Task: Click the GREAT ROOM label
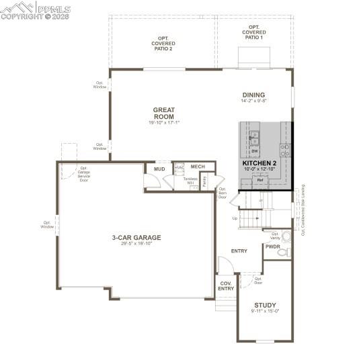pos(163,113)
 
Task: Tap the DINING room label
pos(253,95)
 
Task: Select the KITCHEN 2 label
pos(259,163)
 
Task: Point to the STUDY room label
pos(265,305)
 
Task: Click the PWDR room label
pos(272,247)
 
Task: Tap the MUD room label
pos(159,169)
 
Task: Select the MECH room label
pos(198,167)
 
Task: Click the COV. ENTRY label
pos(226,286)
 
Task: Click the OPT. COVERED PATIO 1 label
pos(255,32)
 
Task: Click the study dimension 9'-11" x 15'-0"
pos(265,311)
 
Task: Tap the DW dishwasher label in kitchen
pos(255,151)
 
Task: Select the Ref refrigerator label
pos(259,180)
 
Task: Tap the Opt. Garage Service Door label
pos(84,174)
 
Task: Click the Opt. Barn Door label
pos(222,193)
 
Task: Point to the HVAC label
pos(179,168)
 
